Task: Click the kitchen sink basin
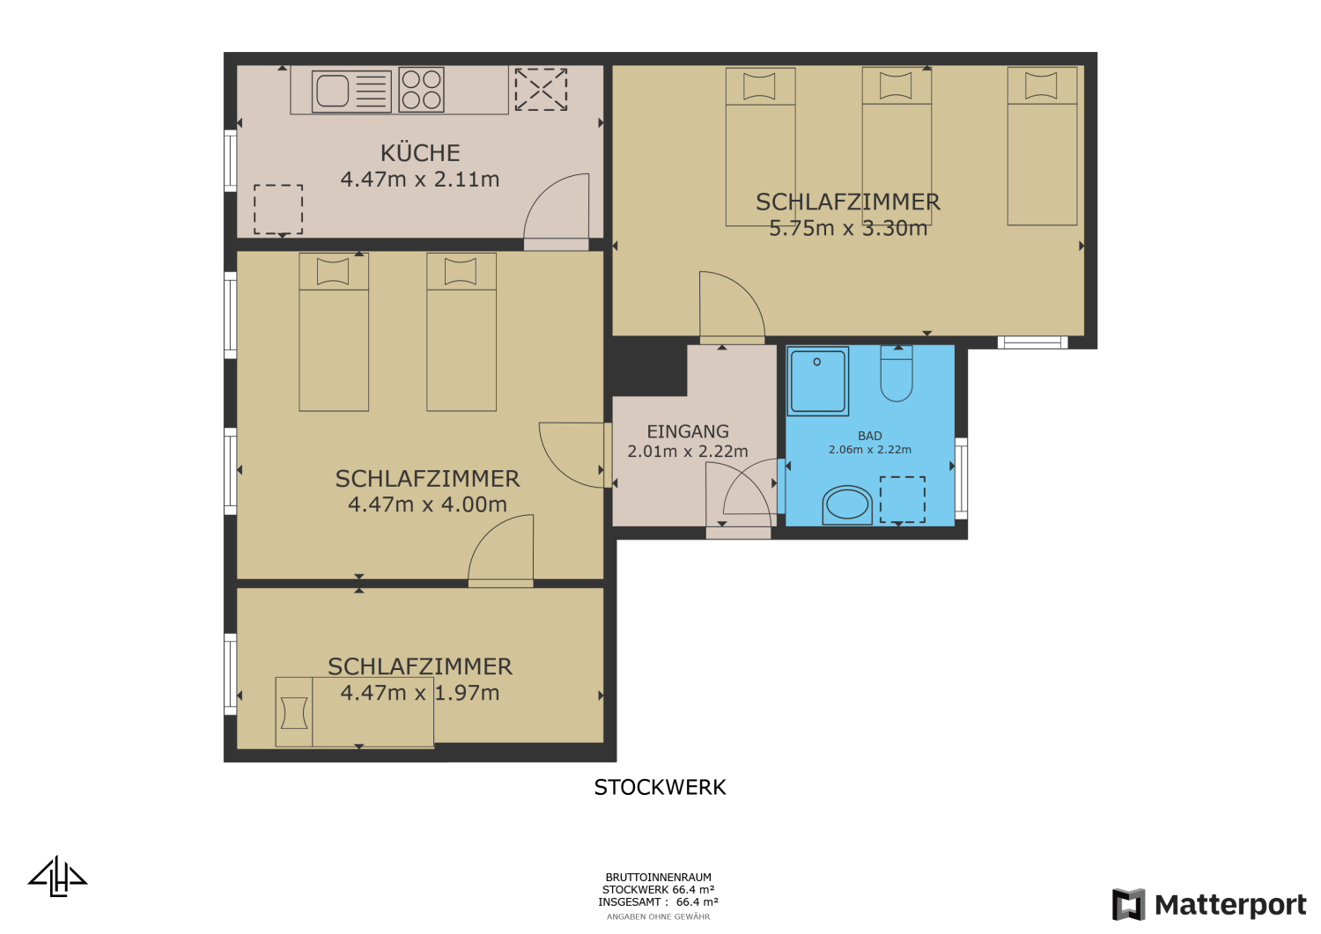333,91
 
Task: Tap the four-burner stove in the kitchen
421,90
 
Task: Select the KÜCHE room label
420,153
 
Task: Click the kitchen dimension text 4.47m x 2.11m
420,180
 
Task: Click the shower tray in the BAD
818,381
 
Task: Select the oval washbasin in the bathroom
847,504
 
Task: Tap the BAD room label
870,436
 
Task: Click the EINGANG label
688,431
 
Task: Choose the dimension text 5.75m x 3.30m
848,229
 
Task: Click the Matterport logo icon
1128,904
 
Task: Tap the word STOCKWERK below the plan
660,787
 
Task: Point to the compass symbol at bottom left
58,877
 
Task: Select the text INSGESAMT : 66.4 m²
658,902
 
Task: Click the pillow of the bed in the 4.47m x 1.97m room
294,712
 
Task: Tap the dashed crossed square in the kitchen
541,90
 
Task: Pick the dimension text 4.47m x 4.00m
427,504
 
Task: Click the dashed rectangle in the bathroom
903,499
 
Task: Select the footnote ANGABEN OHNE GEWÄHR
658,916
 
